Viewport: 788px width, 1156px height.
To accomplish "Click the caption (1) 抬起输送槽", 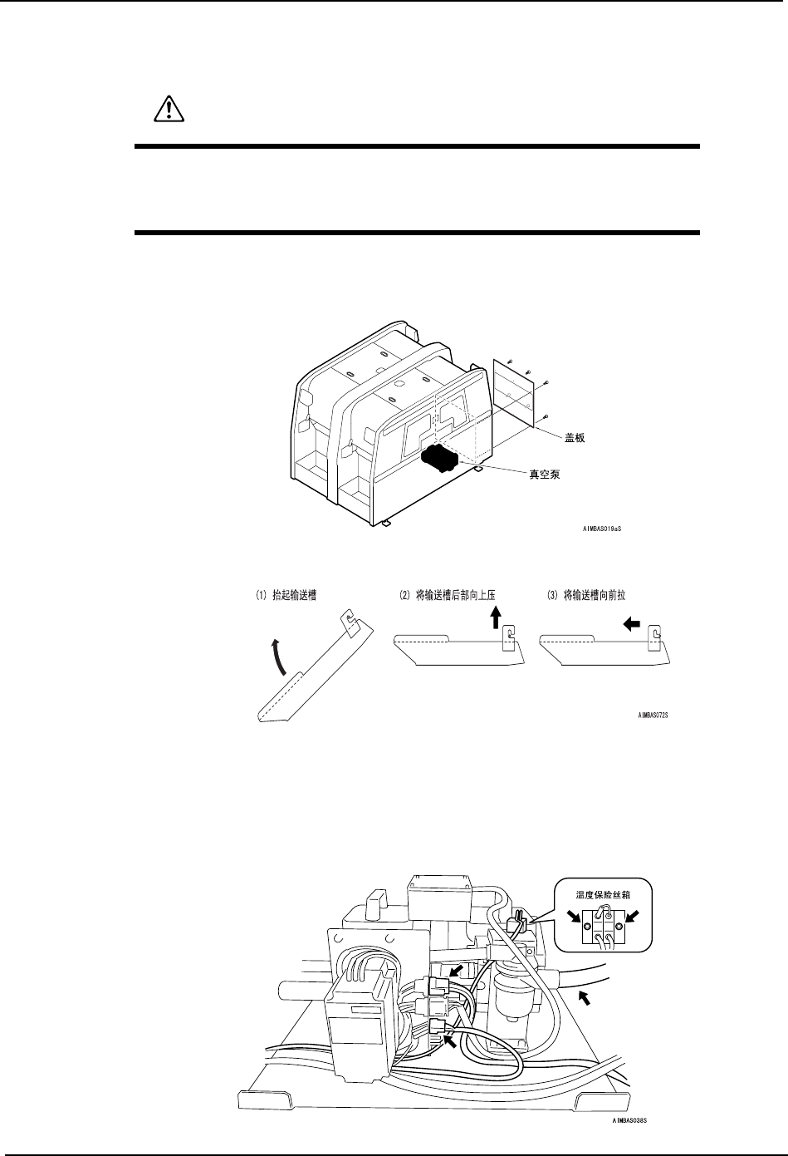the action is coord(287,595).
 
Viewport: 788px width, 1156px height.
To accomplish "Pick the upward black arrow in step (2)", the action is coord(495,618).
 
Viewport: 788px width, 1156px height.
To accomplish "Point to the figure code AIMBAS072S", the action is coord(653,713).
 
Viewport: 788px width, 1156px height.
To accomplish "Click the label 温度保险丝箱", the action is coord(604,896).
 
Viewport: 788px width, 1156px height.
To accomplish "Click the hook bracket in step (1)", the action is coord(352,621).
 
